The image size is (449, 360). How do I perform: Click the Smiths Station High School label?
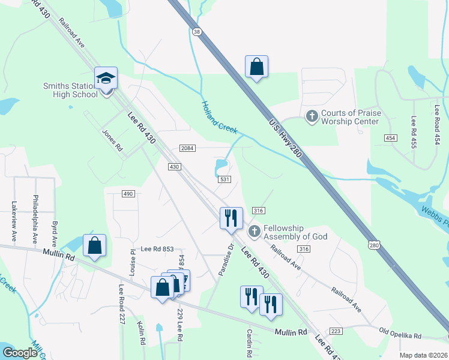click(x=70, y=90)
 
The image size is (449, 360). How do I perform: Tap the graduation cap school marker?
click(x=106, y=79)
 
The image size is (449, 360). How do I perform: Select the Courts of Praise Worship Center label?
click(x=350, y=117)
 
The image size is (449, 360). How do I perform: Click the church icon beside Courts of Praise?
click(x=312, y=115)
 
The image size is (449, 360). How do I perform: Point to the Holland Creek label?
click(x=219, y=117)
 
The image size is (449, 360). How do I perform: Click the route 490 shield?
click(x=128, y=193)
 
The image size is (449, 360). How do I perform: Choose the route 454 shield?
click(x=391, y=138)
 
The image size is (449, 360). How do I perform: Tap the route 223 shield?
click(x=336, y=331)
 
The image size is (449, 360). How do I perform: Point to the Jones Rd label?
click(x=112, y=140)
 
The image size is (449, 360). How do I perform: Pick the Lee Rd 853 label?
click(x=157, y=249)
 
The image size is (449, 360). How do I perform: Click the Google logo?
click(x=20, y=353)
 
